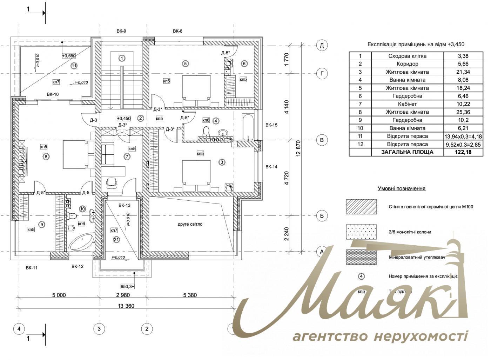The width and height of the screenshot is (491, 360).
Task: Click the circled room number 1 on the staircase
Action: pos(122,58)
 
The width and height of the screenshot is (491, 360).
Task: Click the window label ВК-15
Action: pos(271,125)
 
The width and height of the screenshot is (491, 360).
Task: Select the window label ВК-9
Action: pos(121,31)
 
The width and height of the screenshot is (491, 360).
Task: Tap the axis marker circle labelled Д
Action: pos(322,45)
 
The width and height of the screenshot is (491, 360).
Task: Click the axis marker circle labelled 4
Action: pos(19,329)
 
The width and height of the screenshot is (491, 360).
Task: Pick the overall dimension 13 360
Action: pos(126,306)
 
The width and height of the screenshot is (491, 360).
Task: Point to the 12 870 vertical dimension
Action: pos(298,150)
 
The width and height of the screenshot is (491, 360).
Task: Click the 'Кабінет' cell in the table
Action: pos(407,104)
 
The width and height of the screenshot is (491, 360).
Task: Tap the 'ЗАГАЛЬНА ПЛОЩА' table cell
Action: pos(407,152)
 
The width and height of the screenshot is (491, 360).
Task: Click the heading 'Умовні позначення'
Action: pos(401,188)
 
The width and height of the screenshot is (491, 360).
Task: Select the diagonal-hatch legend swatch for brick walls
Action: pos(361,207)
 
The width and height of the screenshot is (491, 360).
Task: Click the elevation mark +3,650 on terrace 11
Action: pos(69,55)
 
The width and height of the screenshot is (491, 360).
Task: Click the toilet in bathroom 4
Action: pos(207,131)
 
